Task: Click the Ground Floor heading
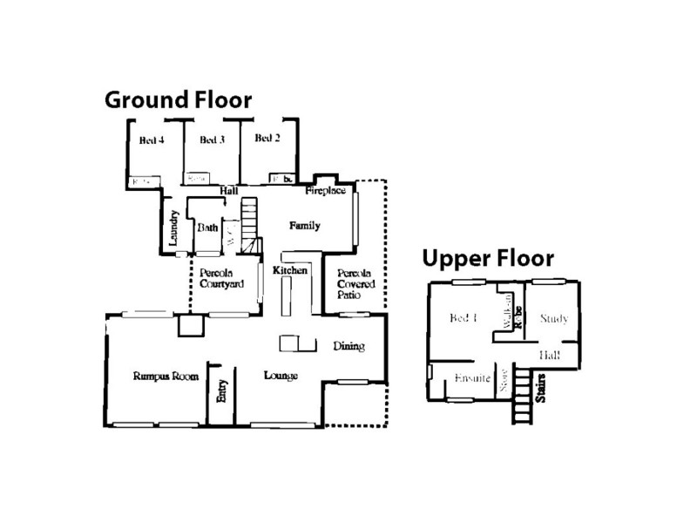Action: click(x=178, y=98)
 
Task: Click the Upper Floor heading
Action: click(x=488, y=258)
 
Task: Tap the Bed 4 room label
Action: click(x=152, y=140)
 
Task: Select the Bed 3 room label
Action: click(x=212, y=140)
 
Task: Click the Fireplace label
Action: click(x=326, y=190)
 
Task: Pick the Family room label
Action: click(x=305, y=226)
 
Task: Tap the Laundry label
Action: click(x=174, y=228)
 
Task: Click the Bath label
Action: click(x=207, y=228)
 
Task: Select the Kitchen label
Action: click(x=290, y=271)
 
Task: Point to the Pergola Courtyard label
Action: click(x=214, y=278)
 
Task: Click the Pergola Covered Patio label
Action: click(x=355, y=285)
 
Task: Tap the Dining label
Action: click(x=348, y=346)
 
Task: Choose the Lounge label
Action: click(x=281, y=377)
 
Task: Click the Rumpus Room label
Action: click(x=166, y=377)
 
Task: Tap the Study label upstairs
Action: click(x=553, y=319)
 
